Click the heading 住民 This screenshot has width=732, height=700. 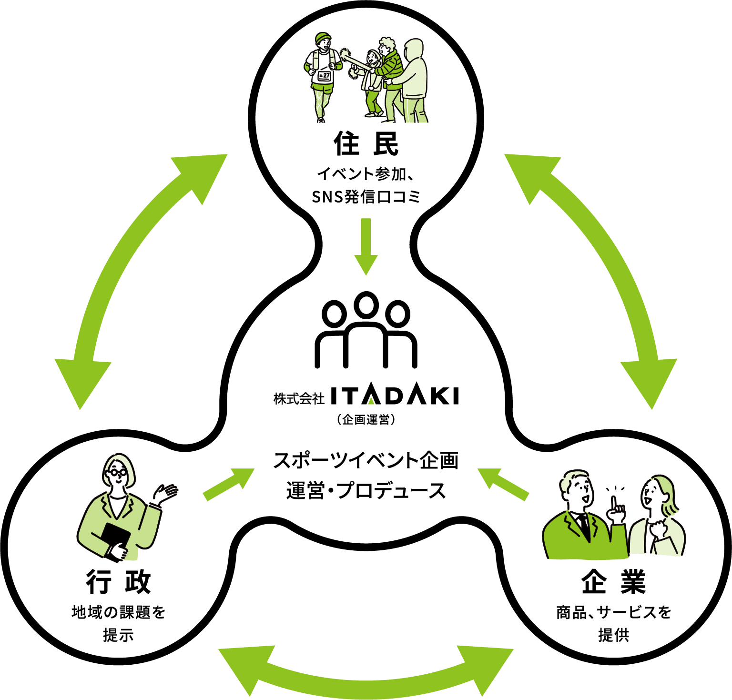click(x=366, y=143)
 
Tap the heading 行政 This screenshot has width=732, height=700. click(x=118, y=581)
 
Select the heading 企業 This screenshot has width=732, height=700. click(x=613, y=581)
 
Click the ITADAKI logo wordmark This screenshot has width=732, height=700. click(x=394, y=396)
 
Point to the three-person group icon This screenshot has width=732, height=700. click(x=366, y=330)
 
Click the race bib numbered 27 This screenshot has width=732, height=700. click(x=324, y=75)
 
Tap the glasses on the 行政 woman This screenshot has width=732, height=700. click(x=116, y=472)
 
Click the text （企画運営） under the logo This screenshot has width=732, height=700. click(x=366, y=420)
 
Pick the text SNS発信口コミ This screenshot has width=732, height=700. click(x=366, y=196)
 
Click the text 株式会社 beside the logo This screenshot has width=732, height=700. click(x=299, y=398)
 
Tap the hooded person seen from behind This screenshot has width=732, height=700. click(x=414, y=81)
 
